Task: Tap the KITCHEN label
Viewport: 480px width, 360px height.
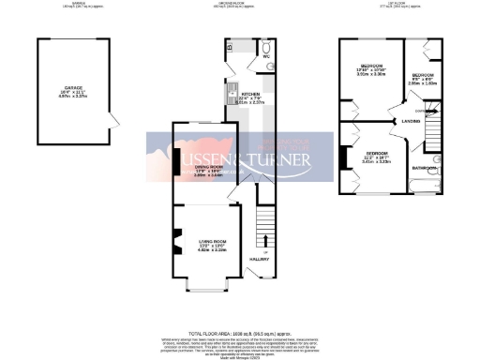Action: [x=249, y=95]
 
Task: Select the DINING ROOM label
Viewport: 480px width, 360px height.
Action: [x=194, y=167]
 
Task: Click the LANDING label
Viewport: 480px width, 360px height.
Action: [x=409, y=120]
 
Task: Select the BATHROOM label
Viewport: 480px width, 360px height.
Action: [x=425, y=169]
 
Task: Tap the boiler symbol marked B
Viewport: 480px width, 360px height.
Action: [x=229, y=46]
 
